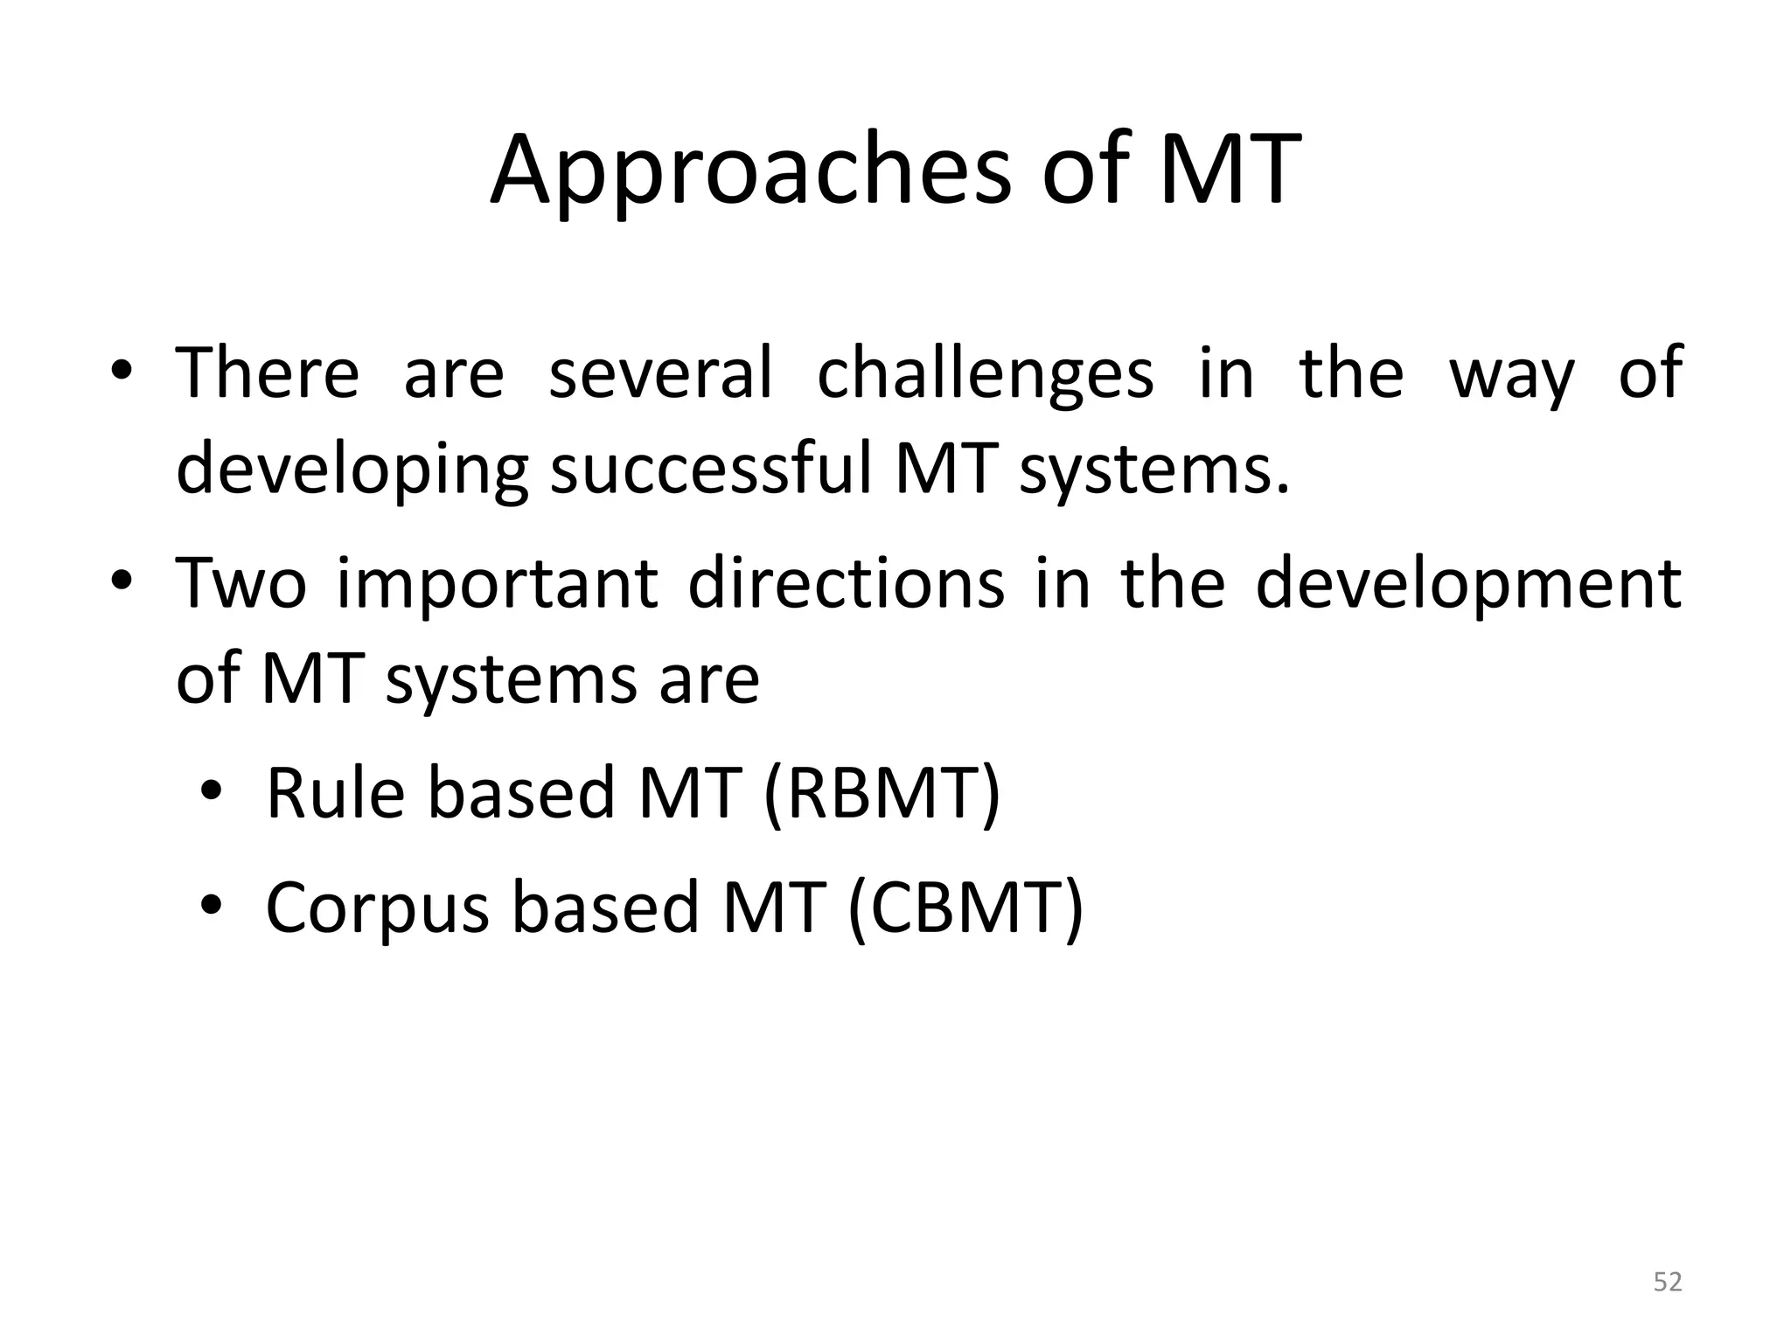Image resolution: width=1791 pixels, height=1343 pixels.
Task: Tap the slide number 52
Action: tap(1667, 1282)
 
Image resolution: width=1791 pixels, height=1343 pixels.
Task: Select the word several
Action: tap(660, 372)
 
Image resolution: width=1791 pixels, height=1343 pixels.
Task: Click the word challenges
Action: tap(985, 374)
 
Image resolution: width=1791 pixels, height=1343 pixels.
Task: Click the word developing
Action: tap(352, 470)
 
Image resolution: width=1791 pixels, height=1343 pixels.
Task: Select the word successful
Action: tap(711, 469)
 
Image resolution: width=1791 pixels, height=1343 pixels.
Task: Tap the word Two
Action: tap(240, 583)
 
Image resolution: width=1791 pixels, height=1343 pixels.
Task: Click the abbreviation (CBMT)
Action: tap(966, 908)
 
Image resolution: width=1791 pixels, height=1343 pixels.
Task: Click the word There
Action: tap(268, 372)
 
